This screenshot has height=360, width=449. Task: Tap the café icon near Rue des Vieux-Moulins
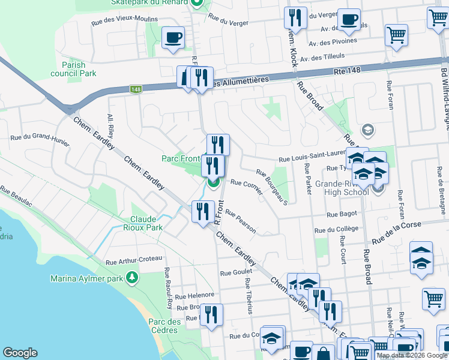(x=173, y=38)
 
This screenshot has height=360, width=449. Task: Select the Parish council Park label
(x=79, y=69)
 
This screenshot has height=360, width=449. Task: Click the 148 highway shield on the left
(x=136, y=89)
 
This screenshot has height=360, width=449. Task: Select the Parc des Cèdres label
(x=165, y=326)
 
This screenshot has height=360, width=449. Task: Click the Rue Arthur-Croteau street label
(x=134, y=261)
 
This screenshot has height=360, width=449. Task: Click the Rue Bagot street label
(x=342, y=214)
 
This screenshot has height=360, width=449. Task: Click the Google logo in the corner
(x=20, y=353)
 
